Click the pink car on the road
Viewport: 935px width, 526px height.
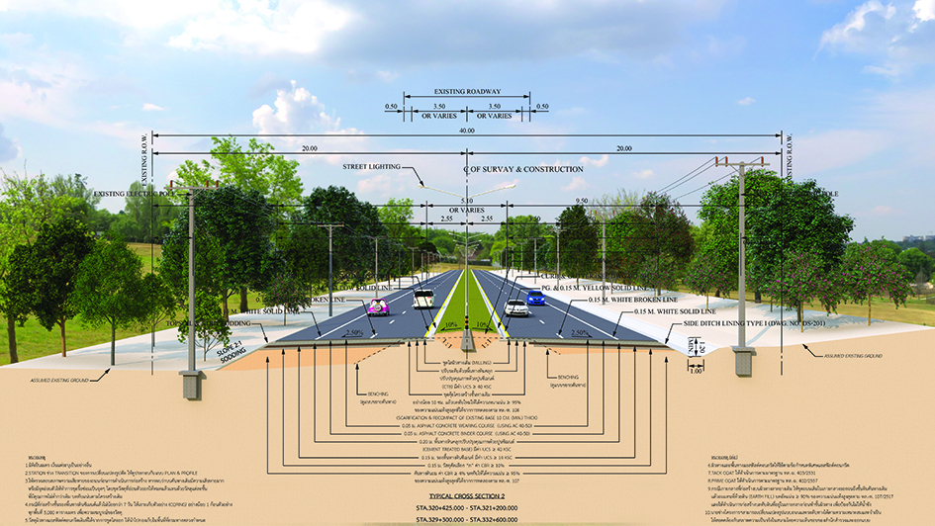click(x=378, y=307)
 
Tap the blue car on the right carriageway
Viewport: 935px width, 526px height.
click(x=535, y=297)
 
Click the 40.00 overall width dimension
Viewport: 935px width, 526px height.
click(x=468, y=130)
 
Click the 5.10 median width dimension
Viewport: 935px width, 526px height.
click(x=468, y=199)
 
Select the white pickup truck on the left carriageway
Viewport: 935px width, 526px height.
click(x=423, y=298)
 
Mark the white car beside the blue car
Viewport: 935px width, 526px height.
click(x=515, y=307)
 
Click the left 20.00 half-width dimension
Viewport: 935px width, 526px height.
click(x=310, y=147)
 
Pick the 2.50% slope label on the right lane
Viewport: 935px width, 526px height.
click(x=583, y=334)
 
